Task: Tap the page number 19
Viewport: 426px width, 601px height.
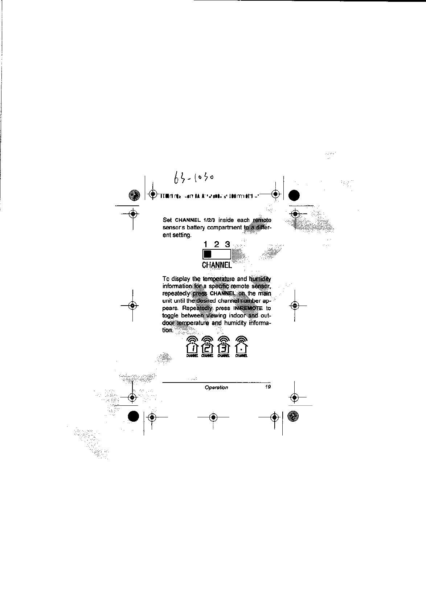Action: (268, 387)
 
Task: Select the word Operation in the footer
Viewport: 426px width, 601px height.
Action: (216, 387)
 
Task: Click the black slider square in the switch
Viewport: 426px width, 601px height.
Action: (208, 254)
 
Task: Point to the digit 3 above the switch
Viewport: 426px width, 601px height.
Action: (228, 244)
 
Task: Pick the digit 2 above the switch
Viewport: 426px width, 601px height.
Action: (217, 244)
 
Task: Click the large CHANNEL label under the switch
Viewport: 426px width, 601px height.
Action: (217, 265)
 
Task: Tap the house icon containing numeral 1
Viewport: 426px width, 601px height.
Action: (192, 347)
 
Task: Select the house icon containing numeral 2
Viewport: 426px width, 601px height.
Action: (207, 347)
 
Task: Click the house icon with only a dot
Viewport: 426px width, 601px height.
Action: (241, 347)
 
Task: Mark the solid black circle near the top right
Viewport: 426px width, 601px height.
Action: (294, 195)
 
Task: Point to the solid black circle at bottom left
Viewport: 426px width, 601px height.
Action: (134, 416)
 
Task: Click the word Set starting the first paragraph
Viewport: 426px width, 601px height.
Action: (167, 220)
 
